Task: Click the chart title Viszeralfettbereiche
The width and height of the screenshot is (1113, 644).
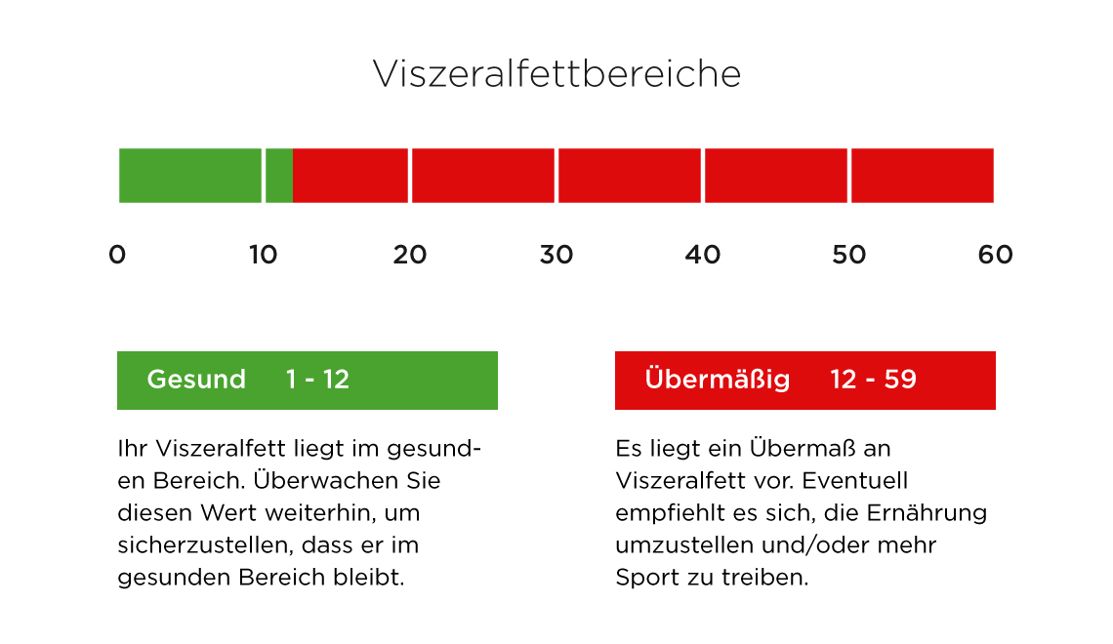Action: tap(556, 74)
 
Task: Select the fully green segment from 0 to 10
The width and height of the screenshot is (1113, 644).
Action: tap(190, 176)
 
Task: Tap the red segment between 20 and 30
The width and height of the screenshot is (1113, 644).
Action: tap(483, 176)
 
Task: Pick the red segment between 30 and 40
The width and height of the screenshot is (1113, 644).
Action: tap(630, 176)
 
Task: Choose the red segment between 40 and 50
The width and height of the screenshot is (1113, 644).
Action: tap(776, 176)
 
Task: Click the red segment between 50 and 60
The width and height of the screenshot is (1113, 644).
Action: tap(923, 176)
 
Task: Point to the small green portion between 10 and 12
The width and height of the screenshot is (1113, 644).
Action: tap(279, 176)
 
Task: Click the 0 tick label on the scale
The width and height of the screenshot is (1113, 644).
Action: tap(117, 255)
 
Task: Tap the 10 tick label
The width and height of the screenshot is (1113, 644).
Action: tap(264, 255)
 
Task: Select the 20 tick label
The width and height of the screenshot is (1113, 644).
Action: tap(410, 255)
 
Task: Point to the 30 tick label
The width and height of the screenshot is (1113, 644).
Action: tap(556, 255)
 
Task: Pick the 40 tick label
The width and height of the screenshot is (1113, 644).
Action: tap(703, 255)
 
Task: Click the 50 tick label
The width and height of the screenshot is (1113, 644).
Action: tap(849, 255)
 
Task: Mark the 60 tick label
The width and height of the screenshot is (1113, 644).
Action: tap(995, 255)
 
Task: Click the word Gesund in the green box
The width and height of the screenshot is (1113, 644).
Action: tap(196, 380)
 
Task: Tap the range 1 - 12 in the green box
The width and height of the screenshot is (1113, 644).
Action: tap(317, 380)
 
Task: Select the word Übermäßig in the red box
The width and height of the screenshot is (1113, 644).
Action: tap(718, 379)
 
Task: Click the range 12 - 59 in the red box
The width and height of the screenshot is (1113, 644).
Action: tap(874, 380)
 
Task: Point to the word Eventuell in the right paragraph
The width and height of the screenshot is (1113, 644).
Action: tap(855, 481)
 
